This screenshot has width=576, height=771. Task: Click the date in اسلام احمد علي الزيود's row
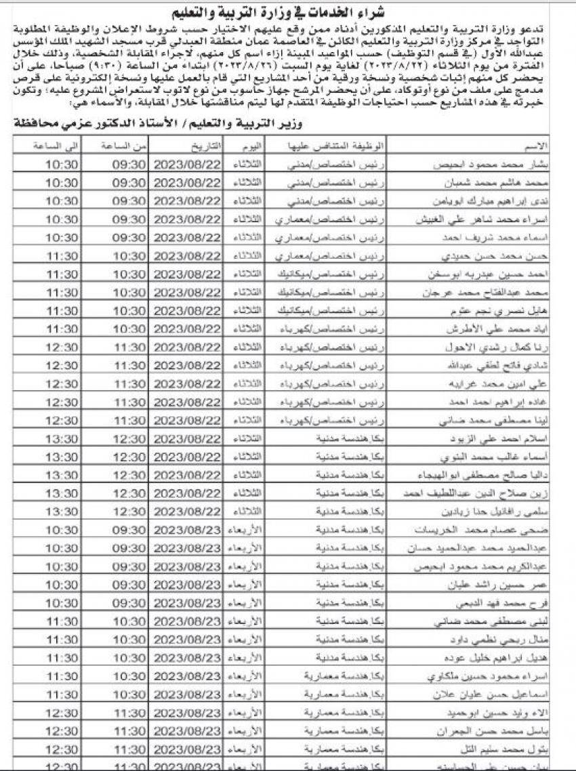coord(188,438)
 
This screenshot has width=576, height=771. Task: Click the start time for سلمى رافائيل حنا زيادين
coord(129,512)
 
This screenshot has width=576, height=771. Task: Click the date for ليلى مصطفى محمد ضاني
coord(188,621)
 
